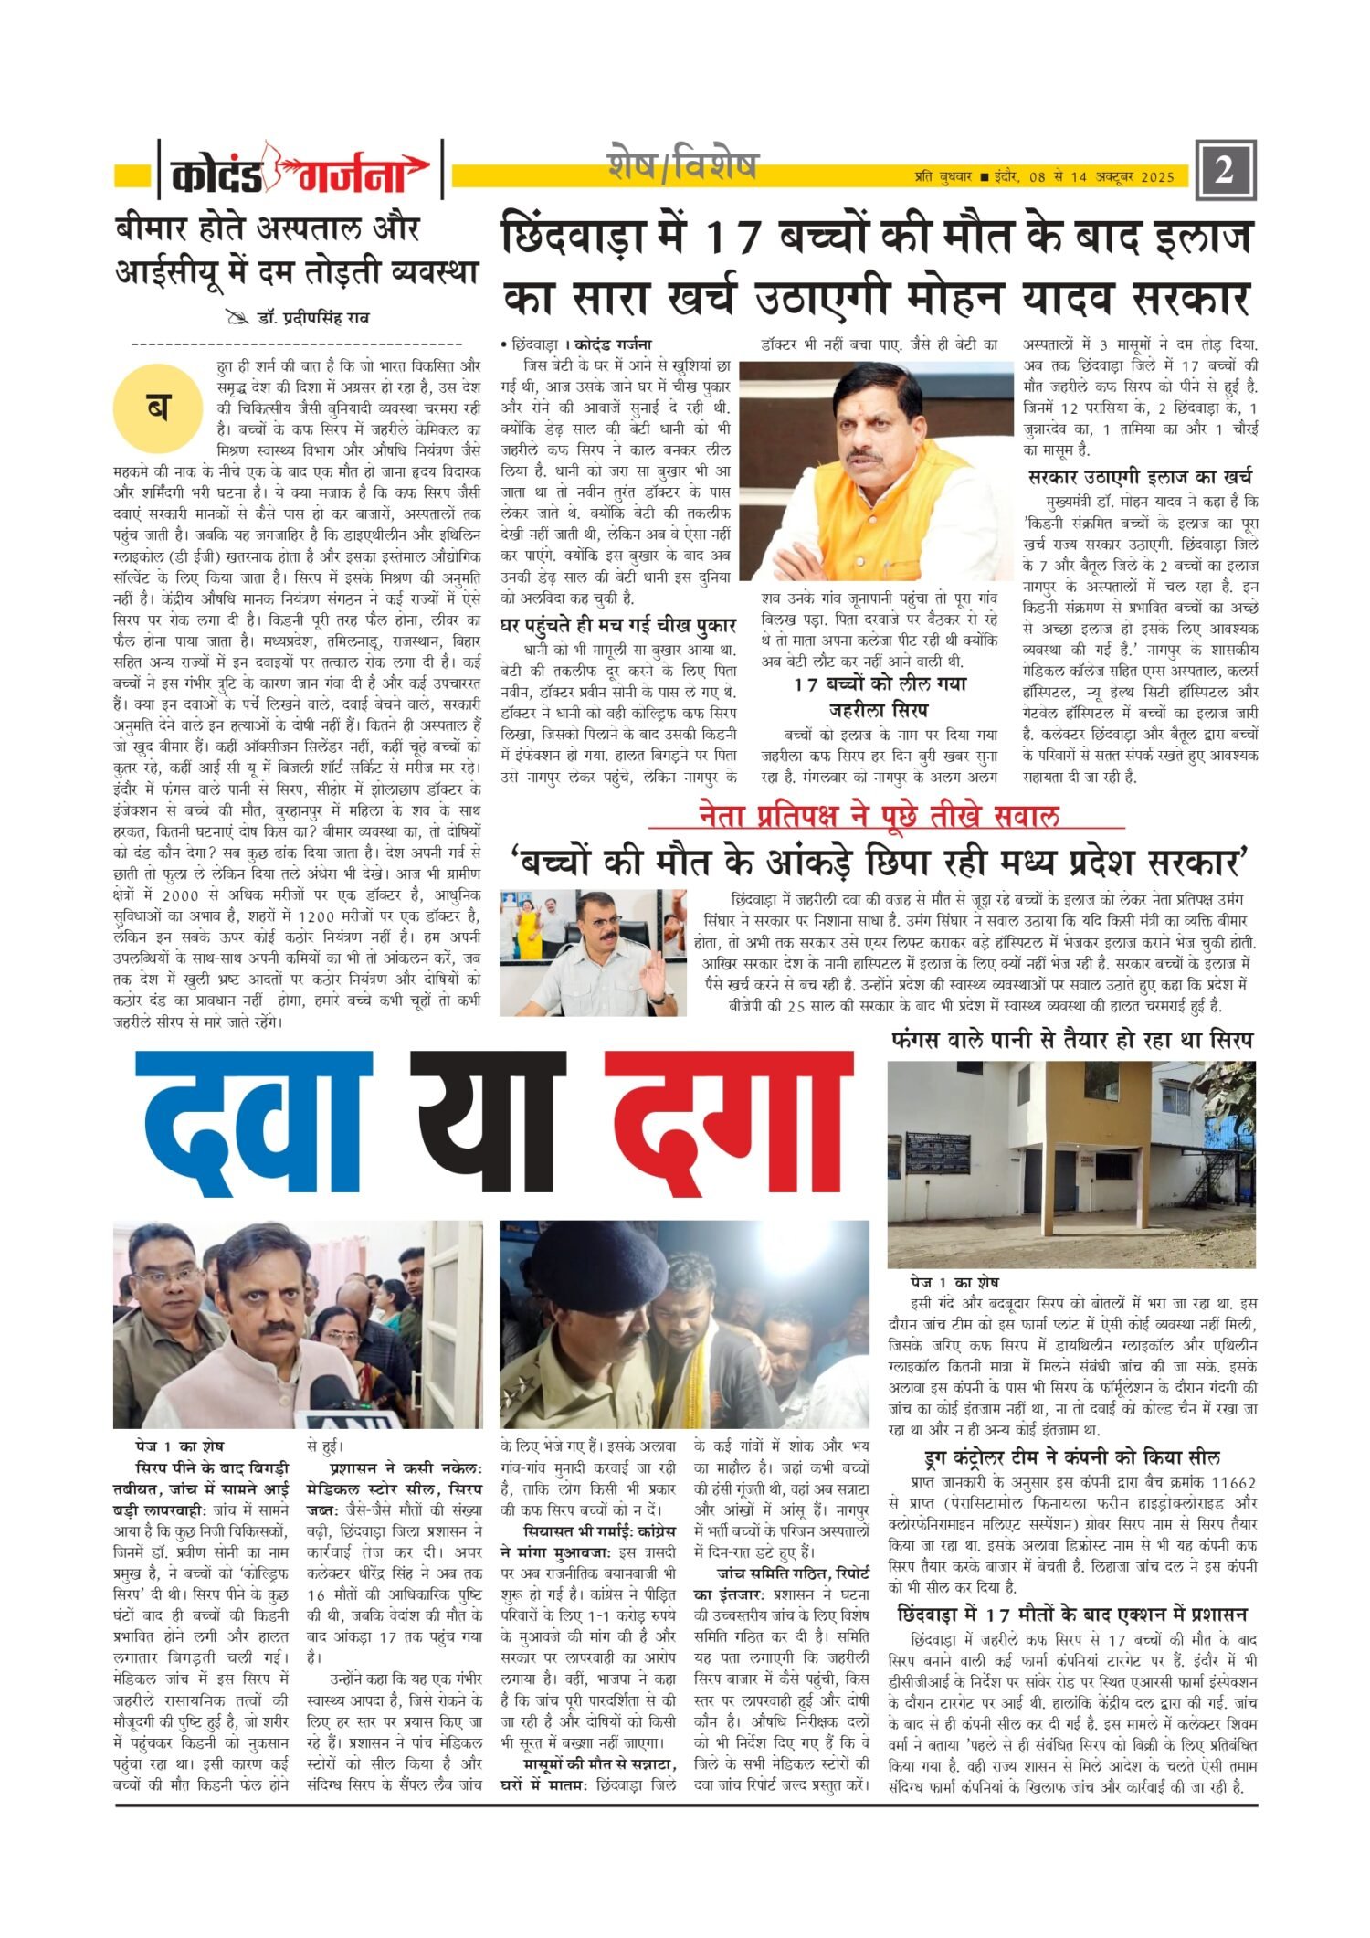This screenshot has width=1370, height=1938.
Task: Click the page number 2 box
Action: (x=1225, y=170)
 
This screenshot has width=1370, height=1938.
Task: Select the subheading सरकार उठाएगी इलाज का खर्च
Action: (x=1139, y=476)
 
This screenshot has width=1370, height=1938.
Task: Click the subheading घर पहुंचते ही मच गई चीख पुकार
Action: (x=618, y=626)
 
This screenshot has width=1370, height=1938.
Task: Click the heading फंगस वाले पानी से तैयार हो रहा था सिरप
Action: (x=1072, y=1040)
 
